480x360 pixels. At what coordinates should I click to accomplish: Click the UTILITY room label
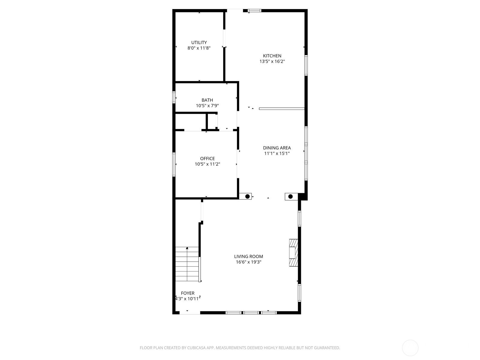(199, 42)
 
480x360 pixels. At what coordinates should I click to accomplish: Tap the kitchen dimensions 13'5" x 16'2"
(272, 61)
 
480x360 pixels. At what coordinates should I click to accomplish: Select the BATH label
(207, 100)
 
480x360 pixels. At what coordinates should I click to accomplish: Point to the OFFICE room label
(207, 158)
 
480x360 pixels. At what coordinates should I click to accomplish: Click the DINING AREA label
(277, 148)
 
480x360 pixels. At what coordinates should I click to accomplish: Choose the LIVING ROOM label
(248, 256)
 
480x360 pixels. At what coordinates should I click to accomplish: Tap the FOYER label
(187, 293)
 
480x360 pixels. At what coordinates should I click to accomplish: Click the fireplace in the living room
(293, 253)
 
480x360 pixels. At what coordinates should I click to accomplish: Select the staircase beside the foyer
(187, 264)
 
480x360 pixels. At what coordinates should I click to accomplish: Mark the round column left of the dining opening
(247, 196)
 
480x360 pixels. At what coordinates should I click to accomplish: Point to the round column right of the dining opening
(290, 196)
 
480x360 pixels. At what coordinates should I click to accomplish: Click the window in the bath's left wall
(174, 97)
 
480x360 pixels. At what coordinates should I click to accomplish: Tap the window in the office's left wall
(174, 164)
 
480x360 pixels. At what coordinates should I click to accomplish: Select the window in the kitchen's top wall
(254, 10)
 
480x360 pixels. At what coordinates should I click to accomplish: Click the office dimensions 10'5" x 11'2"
(207, 164)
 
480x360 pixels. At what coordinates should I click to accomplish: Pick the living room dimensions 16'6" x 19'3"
(248, 262)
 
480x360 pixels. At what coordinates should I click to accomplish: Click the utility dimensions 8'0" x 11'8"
(199, 48)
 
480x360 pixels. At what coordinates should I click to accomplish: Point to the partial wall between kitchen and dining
(282, 109)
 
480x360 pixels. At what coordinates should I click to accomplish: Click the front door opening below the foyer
(190, 313)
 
